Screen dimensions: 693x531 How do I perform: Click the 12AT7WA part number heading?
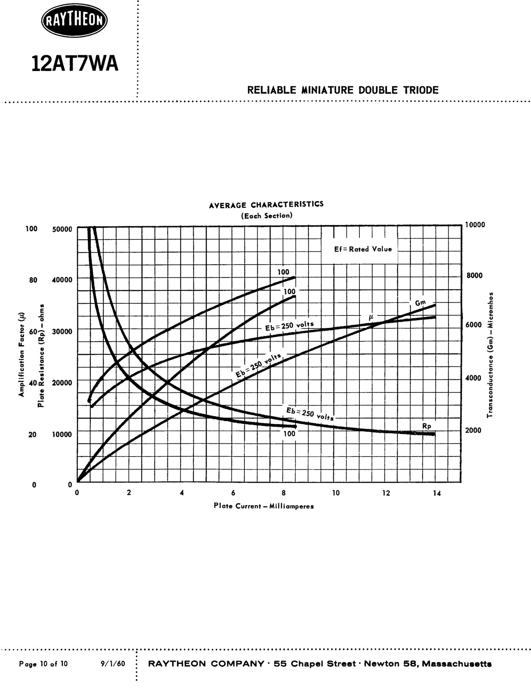75,64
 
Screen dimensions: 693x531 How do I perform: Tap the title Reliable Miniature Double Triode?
342,90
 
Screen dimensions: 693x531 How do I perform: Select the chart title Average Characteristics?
266,205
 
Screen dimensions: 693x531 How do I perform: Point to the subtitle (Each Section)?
266,216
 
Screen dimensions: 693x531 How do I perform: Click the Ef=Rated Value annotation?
363,249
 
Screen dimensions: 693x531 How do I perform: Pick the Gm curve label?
420,303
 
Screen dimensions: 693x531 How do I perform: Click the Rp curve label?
426,426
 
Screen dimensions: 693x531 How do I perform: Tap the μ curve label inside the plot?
371,316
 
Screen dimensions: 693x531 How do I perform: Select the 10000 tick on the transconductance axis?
475,225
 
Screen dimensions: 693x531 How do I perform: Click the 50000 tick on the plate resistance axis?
62,229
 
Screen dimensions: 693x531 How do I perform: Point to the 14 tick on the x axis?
437,493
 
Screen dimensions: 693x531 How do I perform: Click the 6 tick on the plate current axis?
233,493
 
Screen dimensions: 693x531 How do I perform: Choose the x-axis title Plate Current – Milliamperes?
263,506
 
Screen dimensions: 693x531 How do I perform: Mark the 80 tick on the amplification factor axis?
33,280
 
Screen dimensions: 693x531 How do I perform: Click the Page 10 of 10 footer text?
43,664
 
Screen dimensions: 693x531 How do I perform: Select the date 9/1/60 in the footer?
112,664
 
